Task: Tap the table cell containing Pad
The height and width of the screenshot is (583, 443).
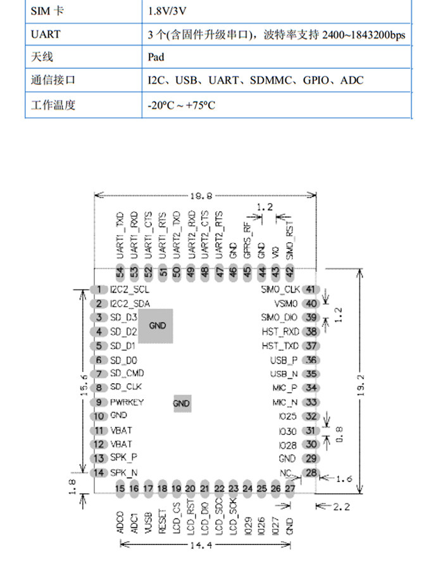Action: coord(156,57)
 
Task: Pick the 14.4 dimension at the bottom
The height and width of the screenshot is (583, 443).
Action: coord(204,544)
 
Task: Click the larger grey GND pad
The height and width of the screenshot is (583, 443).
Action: coord(156,326)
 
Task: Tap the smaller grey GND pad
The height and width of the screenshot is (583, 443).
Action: coord(182,403)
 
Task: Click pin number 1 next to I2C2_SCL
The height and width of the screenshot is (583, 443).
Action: coord(99,289)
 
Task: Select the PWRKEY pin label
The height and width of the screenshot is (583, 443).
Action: coord(127,402)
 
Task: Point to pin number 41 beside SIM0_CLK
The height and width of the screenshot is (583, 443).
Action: coord(310,290)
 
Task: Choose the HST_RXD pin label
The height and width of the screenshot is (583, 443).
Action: coord(280,331)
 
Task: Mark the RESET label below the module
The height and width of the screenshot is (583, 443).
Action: coord(163,522)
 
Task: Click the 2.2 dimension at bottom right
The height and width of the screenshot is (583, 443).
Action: coord(340,506)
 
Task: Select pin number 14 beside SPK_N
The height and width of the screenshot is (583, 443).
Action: coord(99,473)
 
